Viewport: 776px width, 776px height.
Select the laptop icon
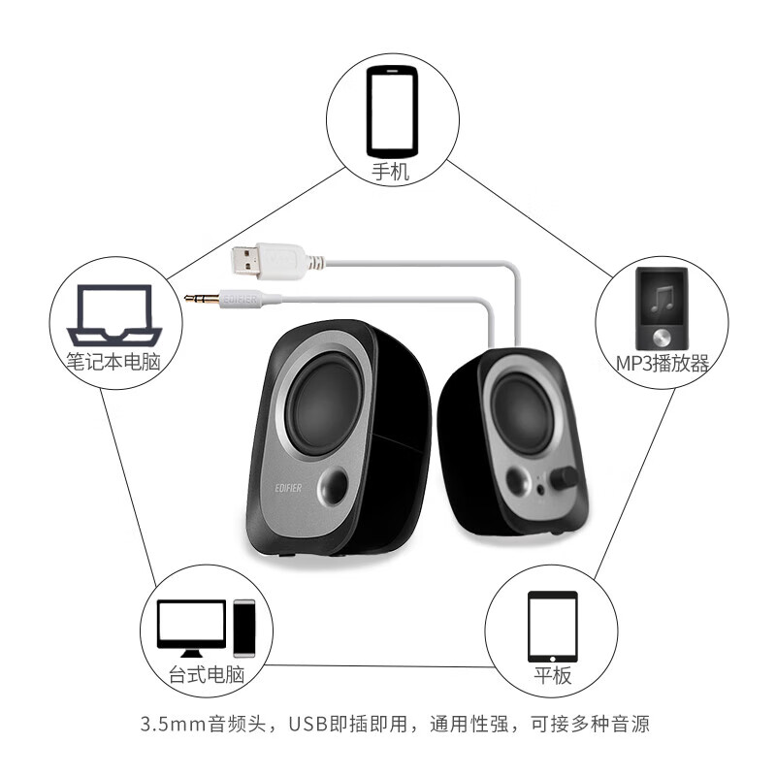[x=113, y=314]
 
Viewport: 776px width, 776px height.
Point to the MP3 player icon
[x=663, y=309]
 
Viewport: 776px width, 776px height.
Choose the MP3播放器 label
[x=663, y=364]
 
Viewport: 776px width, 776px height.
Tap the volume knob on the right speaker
[x=563, y=477]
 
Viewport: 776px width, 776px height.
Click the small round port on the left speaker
[x=339, y=485]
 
